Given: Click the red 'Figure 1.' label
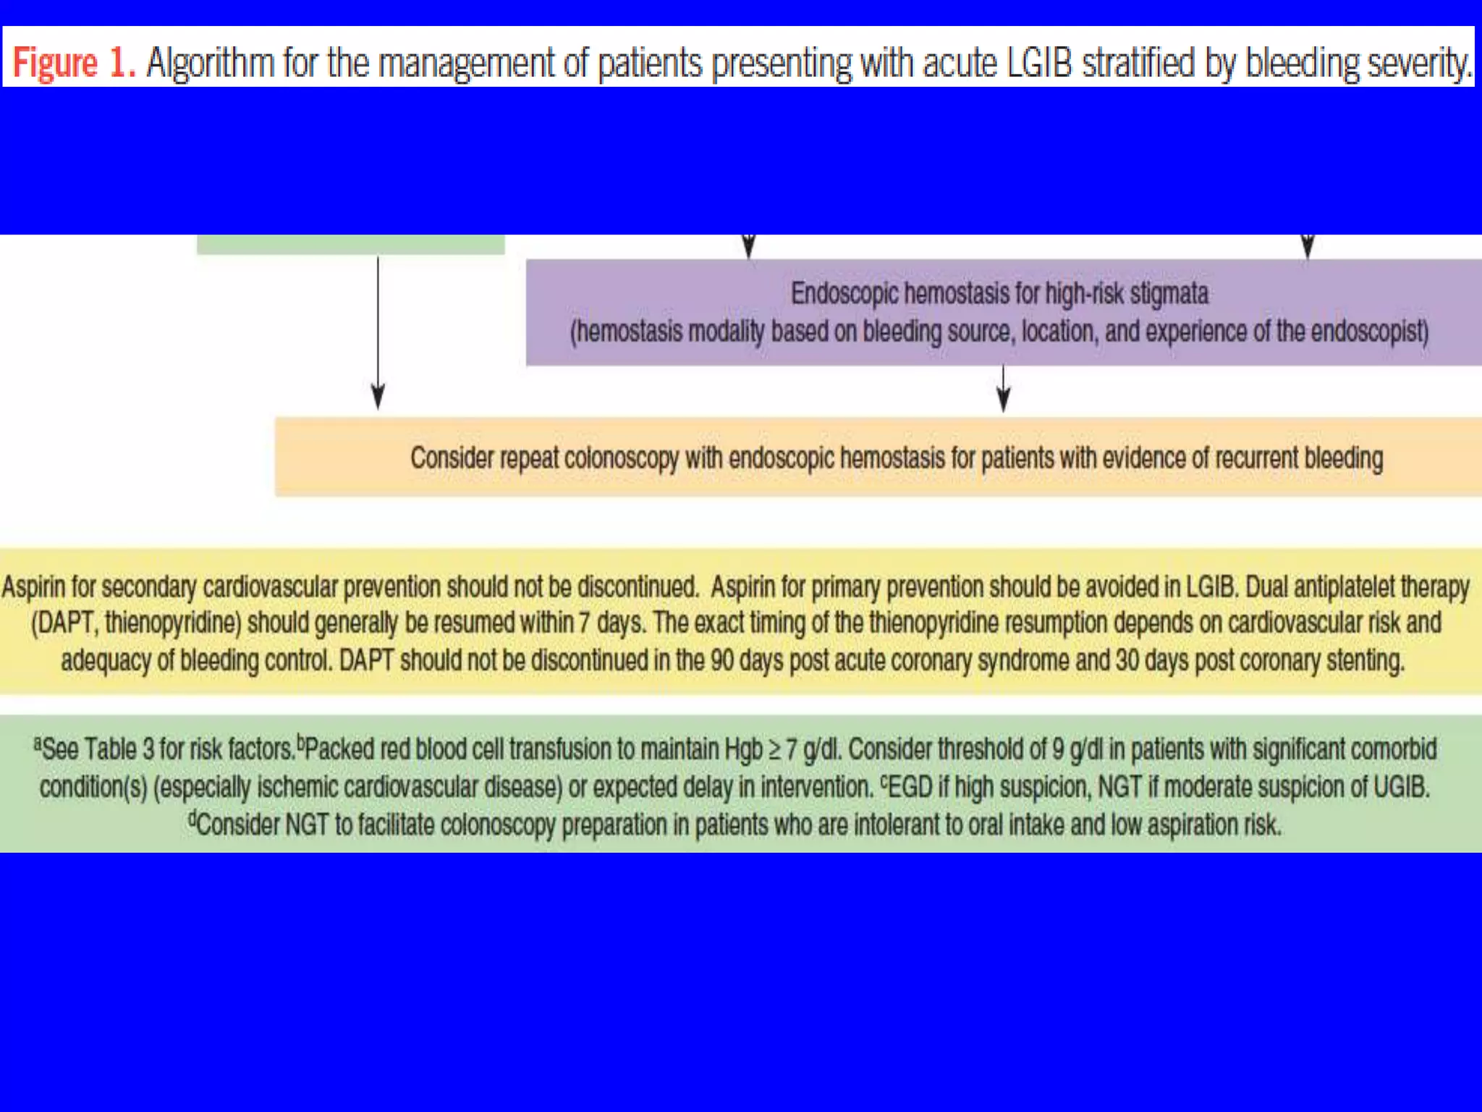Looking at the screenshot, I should pyautogui.click(x=73, y=63).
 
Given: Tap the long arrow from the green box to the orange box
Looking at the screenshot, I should pyautogui.click(x=378, y=333).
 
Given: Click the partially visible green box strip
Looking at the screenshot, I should pyautogui.click(x=351, y=245).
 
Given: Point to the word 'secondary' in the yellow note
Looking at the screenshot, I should pyautogui.click(x=149, y=587).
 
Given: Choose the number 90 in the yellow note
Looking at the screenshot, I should pyautogui.click(x=724, y=661).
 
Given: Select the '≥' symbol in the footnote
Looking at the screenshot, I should pyautogui.click(x=774, y=750).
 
